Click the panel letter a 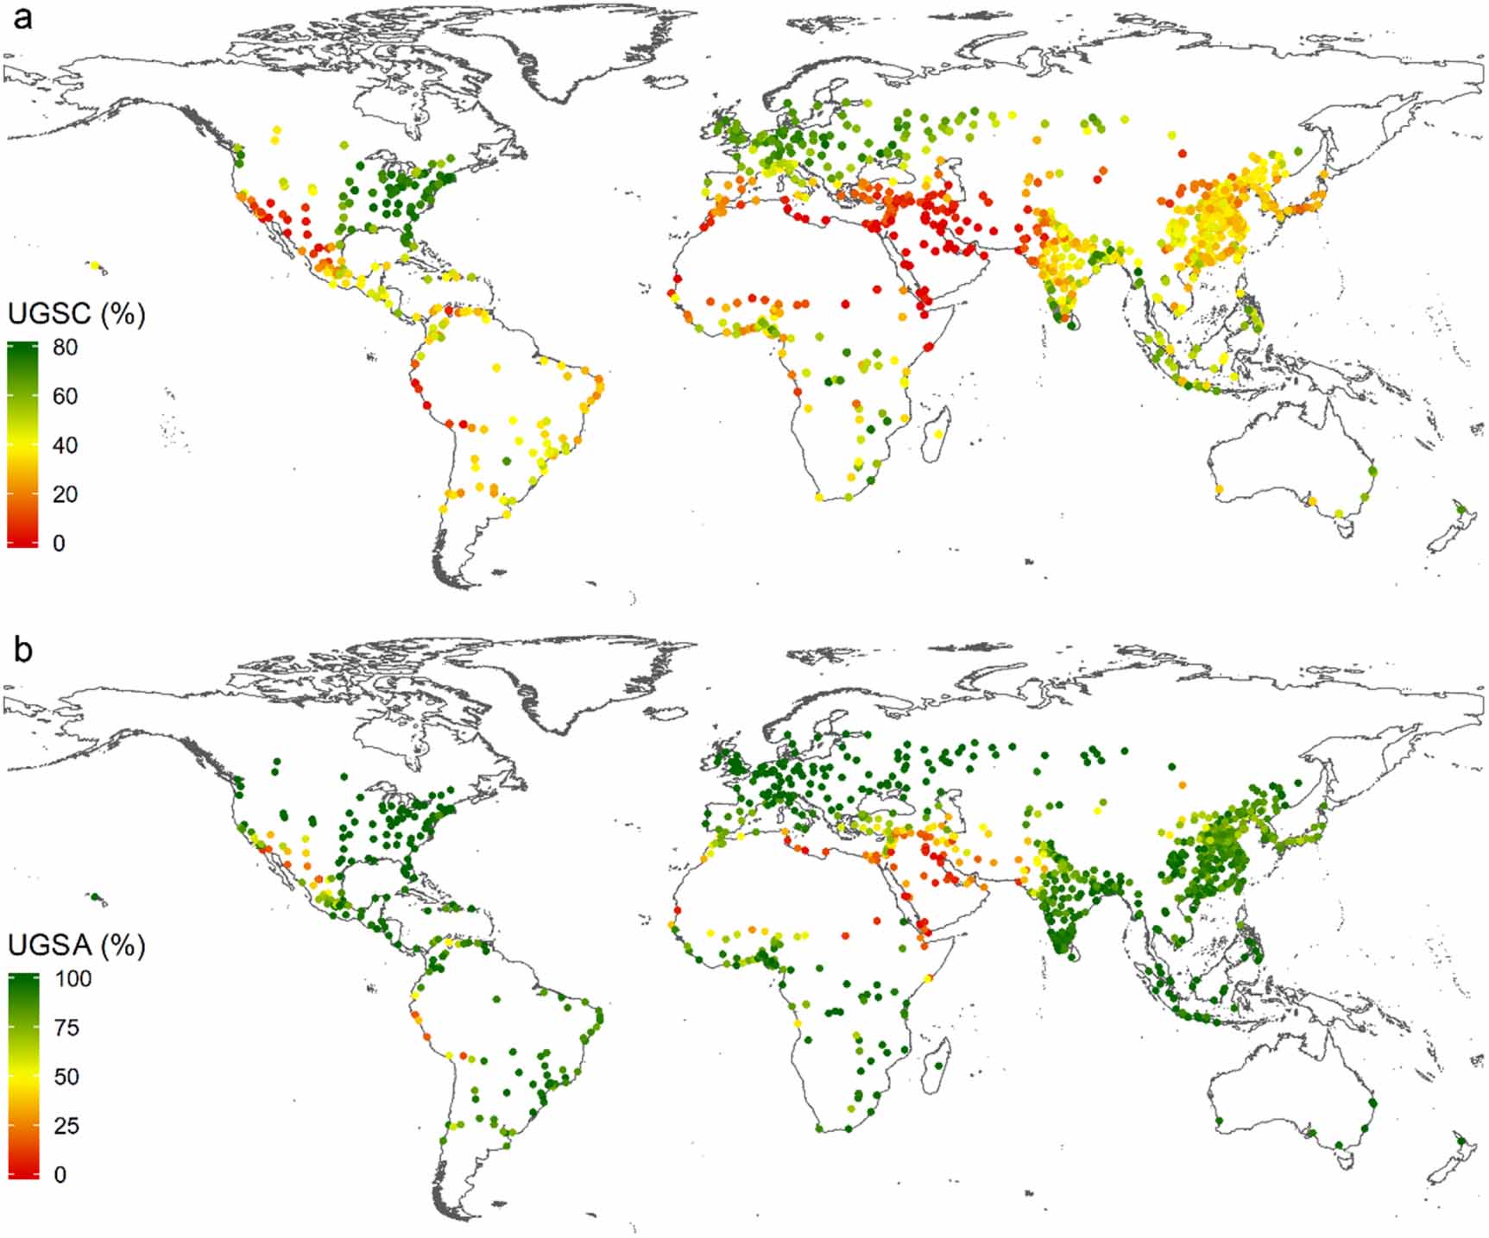point(22,16)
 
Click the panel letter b point(23,649)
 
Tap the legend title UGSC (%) point(76,314)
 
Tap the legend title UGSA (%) point(76,946)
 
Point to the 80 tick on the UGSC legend point(65,348)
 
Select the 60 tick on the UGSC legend point(65,397)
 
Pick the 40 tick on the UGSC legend point(65,446)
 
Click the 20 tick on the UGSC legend point(65,494)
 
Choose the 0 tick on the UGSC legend point(59,544)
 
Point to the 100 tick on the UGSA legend point(73,979)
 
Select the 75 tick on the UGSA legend point(66,1028)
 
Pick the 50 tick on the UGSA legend point(66,1078)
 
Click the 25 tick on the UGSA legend point(66,1126)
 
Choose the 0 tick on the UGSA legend point(60,1175)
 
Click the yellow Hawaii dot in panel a point(95,266)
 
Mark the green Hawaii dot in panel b point(95,897)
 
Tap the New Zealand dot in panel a point(1460,510)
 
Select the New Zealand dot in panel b point(1460,1141)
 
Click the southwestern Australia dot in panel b point(1219,1121)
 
